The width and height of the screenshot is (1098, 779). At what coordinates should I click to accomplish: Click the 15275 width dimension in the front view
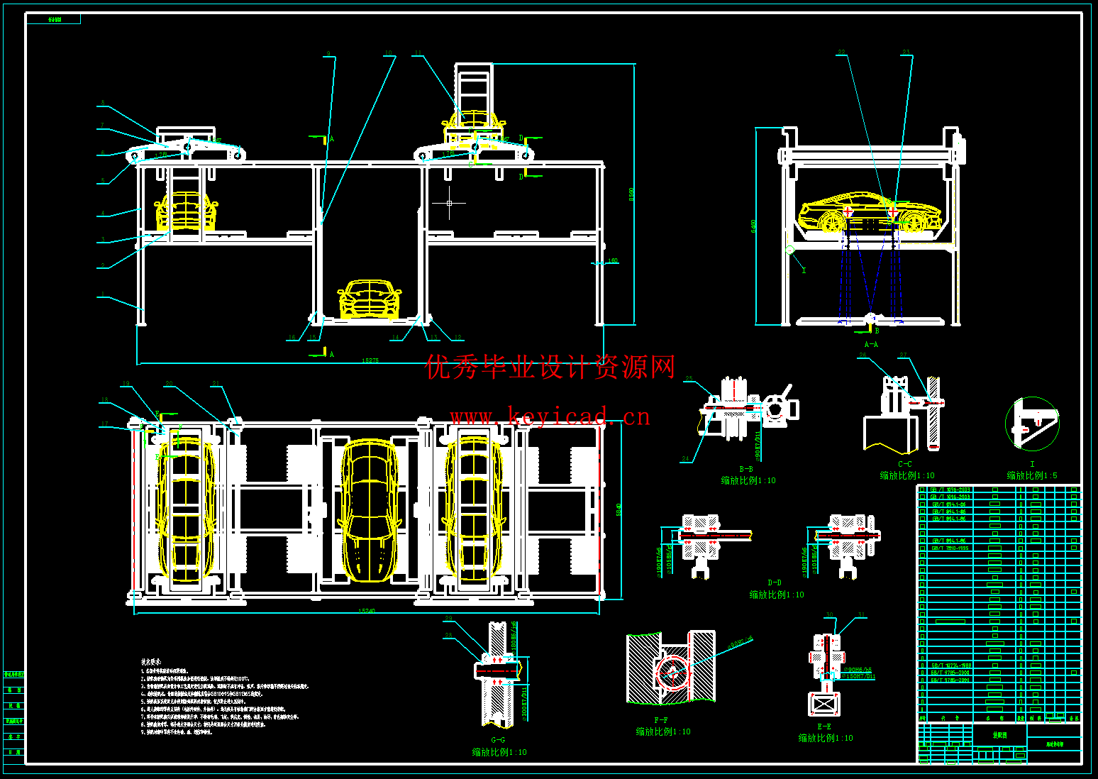(370, 360)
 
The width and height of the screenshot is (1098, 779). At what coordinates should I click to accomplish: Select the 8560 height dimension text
(631, 194)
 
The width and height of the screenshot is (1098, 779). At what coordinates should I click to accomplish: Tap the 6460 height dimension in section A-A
(753, 225)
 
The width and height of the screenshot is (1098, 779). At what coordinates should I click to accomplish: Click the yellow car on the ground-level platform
(369, 299)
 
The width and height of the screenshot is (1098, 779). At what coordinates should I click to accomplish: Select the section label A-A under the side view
(870, 344)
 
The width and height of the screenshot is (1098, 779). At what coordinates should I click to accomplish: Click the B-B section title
(746, 469)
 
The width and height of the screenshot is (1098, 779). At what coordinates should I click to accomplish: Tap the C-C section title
(904, 464)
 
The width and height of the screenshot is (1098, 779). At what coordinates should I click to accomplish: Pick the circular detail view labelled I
(1032, 424)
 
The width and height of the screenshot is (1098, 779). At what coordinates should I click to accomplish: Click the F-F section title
(660, 720)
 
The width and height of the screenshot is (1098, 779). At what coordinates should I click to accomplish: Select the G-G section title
(498, 740)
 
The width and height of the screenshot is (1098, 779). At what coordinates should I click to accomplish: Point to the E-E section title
(823, 726)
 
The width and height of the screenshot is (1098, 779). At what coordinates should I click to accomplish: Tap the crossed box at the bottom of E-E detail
(824, 705)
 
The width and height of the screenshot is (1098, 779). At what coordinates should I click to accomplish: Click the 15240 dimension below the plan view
(366, 610)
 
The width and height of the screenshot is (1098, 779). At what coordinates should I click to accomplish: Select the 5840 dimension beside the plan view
(619, 509)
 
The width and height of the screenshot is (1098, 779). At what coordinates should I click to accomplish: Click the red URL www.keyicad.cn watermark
(550, 416)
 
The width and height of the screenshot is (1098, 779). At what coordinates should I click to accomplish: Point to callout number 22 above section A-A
(841, 53)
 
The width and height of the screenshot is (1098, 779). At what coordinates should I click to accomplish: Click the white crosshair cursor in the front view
(449, 204)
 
